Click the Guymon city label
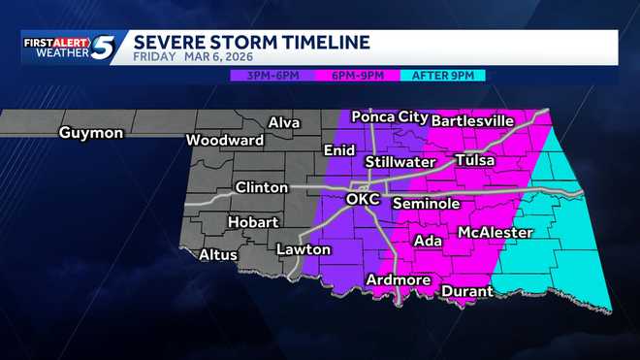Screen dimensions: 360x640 91,133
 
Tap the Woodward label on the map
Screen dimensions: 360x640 226,140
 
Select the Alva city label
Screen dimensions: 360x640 284,123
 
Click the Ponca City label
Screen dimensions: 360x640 390,116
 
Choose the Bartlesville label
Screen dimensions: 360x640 471,121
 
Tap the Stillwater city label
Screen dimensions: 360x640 400,161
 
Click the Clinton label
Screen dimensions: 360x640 261,187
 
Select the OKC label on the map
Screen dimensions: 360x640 365,199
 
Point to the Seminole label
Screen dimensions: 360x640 426,204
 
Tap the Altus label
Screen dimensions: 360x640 217,255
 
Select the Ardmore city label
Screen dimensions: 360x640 398,280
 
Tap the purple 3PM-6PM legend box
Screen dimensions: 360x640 273,74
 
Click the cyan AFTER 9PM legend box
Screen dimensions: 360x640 442,74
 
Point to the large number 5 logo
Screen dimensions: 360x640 106,47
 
